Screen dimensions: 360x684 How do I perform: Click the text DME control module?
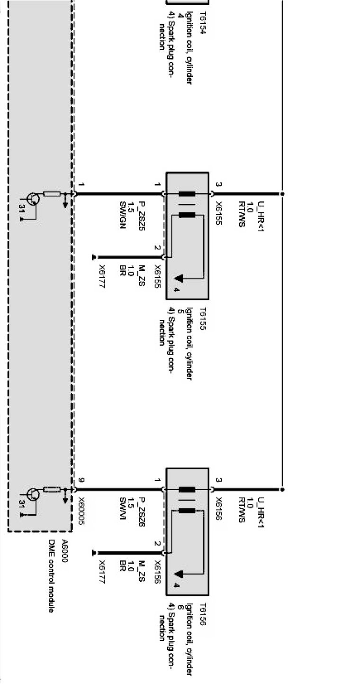pyautogui.click(x=51, y=575)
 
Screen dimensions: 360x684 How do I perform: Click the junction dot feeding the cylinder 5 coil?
pyautogui.click(x=282, y=194)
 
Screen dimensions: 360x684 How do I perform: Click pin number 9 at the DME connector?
pyautogui.click(x=81, y=481)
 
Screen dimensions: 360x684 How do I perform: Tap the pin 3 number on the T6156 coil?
pyautogui.click(x=218, y=481)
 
